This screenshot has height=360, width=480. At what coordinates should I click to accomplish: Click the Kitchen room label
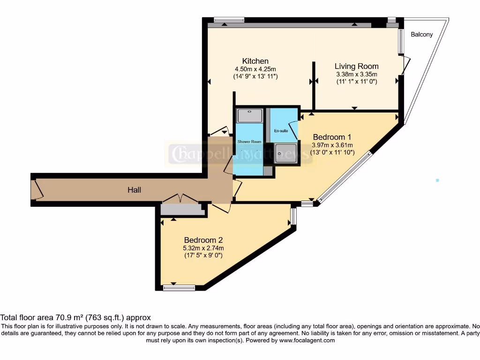[x=255, y=61]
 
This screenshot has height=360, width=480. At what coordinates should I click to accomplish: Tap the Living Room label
[x=356, y=66]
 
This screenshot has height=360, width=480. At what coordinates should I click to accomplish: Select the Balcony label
[x=421, y=34]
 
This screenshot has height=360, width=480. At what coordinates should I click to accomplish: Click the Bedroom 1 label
[x=332, y=137]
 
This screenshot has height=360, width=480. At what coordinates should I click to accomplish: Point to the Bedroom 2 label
[x=203, y=240]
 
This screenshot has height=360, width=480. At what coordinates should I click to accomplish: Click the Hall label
[x=135, y=190]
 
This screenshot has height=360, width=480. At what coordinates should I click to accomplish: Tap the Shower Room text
[x=249, y=142]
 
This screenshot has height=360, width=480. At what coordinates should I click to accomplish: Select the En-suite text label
[x=281, y=131]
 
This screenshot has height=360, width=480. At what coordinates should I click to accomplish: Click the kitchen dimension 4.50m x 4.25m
[x=255, y=69]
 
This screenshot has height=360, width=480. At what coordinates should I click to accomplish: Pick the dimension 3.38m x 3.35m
[x=356, y=74]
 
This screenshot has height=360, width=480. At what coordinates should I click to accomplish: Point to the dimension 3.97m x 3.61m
[x=332, y=145]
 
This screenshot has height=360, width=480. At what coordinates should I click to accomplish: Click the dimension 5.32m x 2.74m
[x=203, y=248]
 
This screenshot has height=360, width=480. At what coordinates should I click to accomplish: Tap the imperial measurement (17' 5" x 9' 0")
[x=203, y=255]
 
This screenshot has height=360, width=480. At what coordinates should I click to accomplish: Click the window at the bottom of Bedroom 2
[x=179, y=287]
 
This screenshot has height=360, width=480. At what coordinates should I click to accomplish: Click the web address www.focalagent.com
[x=307, y=340]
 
